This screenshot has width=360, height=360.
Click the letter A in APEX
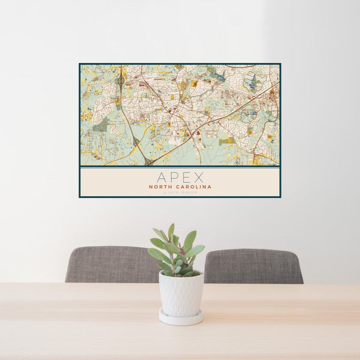click(x=162, y=177)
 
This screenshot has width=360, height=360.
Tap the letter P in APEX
click(x=174, y=177)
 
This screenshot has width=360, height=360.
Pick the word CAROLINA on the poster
click(x=194, y=187)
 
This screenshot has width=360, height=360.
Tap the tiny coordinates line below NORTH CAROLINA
click(x=180, y=192)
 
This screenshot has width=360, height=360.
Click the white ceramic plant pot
click(x=181, y=294)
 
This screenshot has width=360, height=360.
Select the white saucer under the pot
click(x=181, y=317)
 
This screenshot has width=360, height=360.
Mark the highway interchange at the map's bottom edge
click(x=148, y=161)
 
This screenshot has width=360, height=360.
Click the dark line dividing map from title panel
click(x=180, y=166)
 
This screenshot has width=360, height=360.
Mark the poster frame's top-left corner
click(x=80, y=64)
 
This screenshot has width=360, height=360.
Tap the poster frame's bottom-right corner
click(x=280, y=197)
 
